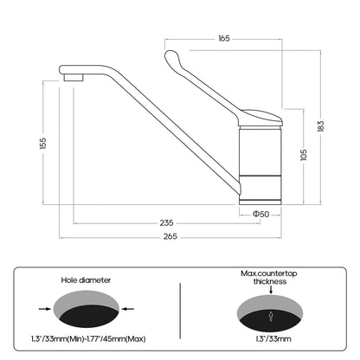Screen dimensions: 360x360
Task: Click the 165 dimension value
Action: tap(224, 39)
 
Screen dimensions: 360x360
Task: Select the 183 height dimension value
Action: tap(320, 126)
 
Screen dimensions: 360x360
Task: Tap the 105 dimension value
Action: tap(304, 155)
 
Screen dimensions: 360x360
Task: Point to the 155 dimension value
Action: tap(42, 144)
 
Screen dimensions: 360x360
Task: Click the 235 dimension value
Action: tap(167, 223)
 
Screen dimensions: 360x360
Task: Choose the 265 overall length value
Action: tap(170, 236)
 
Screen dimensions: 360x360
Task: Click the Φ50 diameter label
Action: tap(260, 214)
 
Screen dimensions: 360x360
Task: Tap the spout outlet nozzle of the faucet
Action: tap(74, 78)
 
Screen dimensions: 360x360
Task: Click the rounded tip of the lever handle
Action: tap(170, 55)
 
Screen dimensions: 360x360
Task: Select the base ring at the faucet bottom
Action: tap(260, 202)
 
